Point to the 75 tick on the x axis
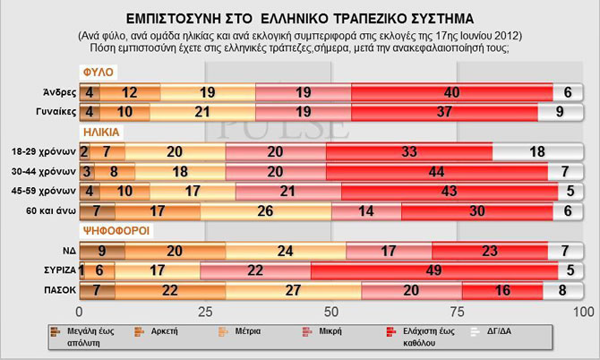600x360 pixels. coord(458,312)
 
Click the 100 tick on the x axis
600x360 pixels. coord(582,312)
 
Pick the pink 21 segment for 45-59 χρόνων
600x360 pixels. coord(288,192)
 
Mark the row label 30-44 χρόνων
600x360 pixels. coord(47,170)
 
